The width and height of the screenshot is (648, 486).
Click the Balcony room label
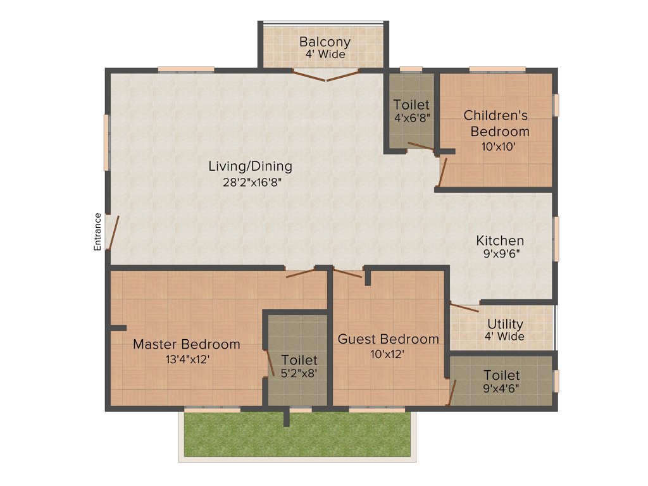pos(325,42)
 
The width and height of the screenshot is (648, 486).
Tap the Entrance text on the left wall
pos(97,232)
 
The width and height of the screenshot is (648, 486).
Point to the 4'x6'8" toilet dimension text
pos(412,118)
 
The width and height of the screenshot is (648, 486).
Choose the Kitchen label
pos(500,240)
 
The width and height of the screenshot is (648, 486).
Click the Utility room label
pos(504,325)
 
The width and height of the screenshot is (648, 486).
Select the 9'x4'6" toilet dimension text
pos(502,389)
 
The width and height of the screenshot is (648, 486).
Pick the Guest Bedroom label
pos(388,339)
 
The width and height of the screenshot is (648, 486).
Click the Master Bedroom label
pos(187,344)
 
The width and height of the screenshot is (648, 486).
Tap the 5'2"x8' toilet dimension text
pos(299,373)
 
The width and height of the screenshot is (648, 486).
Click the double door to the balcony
pos(326,75)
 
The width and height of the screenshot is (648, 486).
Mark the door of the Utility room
pos(464,308)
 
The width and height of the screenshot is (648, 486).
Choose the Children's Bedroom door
pos(443,171)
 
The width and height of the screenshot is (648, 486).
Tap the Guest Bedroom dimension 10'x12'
pos(387,354)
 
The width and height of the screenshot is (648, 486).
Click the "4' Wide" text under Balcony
pos(325,54)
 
